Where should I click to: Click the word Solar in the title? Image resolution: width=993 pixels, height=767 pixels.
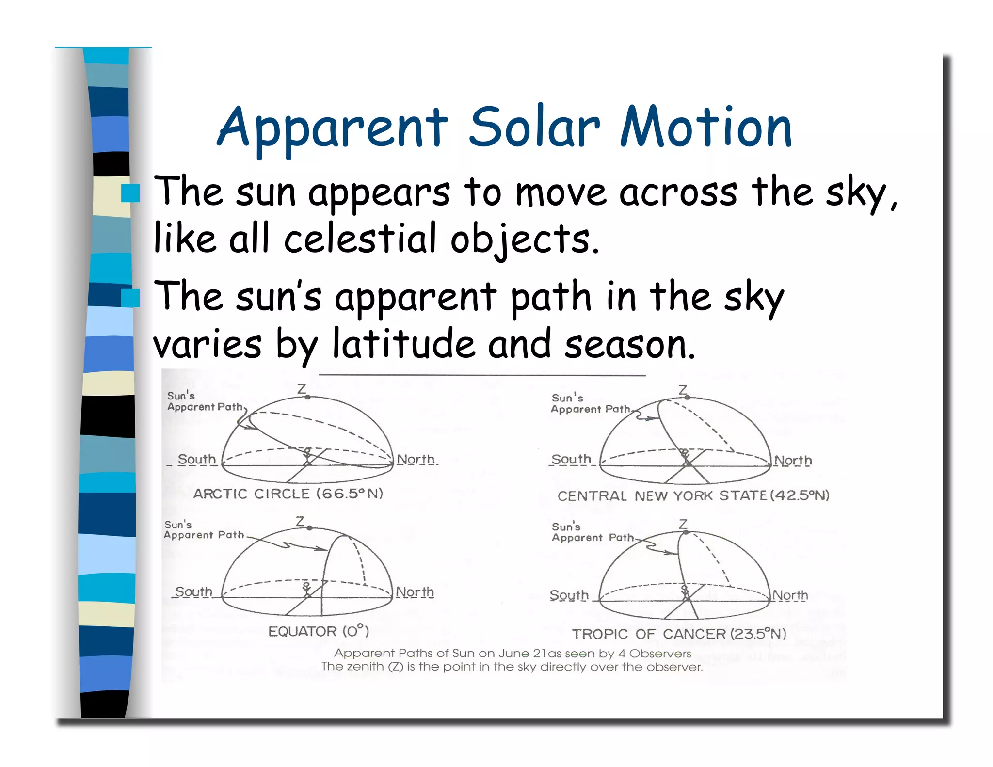[534, 127]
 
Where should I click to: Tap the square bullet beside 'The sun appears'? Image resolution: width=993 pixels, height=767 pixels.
[130, 193]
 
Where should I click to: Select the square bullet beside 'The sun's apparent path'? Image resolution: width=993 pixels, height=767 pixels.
[130, 298]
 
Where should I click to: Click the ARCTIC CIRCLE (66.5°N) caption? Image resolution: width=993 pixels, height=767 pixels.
[288, 494]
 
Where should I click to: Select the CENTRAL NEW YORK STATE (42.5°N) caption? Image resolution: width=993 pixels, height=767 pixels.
[693, 495]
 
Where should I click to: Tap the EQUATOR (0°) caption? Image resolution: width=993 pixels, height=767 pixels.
[319, 631]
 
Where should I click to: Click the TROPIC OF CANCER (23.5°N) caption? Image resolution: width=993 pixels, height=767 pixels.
[679, 634]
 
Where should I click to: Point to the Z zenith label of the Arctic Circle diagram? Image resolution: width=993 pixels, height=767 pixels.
[302, 389]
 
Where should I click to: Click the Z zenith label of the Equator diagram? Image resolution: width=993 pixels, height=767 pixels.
[300, 522]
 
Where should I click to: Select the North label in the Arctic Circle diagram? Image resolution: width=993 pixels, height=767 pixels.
[416, 459]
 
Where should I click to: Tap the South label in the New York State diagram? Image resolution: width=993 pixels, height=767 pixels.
[571, 459]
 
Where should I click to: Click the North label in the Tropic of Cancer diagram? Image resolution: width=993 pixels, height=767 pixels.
[790, 595]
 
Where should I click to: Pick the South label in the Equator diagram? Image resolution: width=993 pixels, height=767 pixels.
[193, 591]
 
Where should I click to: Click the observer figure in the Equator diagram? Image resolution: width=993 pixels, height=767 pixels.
[306, 589]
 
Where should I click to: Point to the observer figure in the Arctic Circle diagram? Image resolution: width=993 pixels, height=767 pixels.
[307, 455]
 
